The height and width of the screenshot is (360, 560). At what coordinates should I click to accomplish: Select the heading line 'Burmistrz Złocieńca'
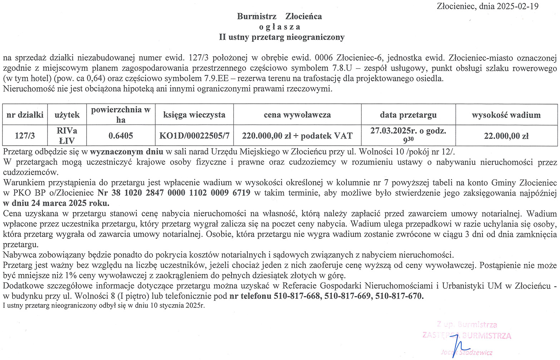tap(279, 16)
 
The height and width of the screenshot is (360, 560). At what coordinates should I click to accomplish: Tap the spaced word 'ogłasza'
tap(279, 27)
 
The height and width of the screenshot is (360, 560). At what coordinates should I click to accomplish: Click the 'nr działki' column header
tap(25, 115)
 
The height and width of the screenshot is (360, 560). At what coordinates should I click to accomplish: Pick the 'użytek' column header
tap(67, 115)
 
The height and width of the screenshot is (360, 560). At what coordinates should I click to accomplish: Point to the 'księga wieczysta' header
tap(194, 115)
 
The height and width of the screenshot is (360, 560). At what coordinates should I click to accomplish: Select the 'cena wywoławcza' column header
tap(297, 115)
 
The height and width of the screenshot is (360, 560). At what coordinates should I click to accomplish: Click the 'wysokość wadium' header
tap(506, 115)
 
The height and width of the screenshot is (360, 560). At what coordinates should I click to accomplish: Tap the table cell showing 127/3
tap(25, 136)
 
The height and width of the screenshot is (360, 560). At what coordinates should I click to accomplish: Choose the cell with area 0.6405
tap(121, 136)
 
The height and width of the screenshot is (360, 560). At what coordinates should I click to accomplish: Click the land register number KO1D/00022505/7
tap(194, 136)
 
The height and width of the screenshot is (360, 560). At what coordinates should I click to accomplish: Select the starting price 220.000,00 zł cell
tap(297, 136)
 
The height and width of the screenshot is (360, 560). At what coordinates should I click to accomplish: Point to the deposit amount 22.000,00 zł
tap(506, 136)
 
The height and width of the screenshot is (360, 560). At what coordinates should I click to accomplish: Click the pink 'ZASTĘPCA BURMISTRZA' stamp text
tap(467, 336)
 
